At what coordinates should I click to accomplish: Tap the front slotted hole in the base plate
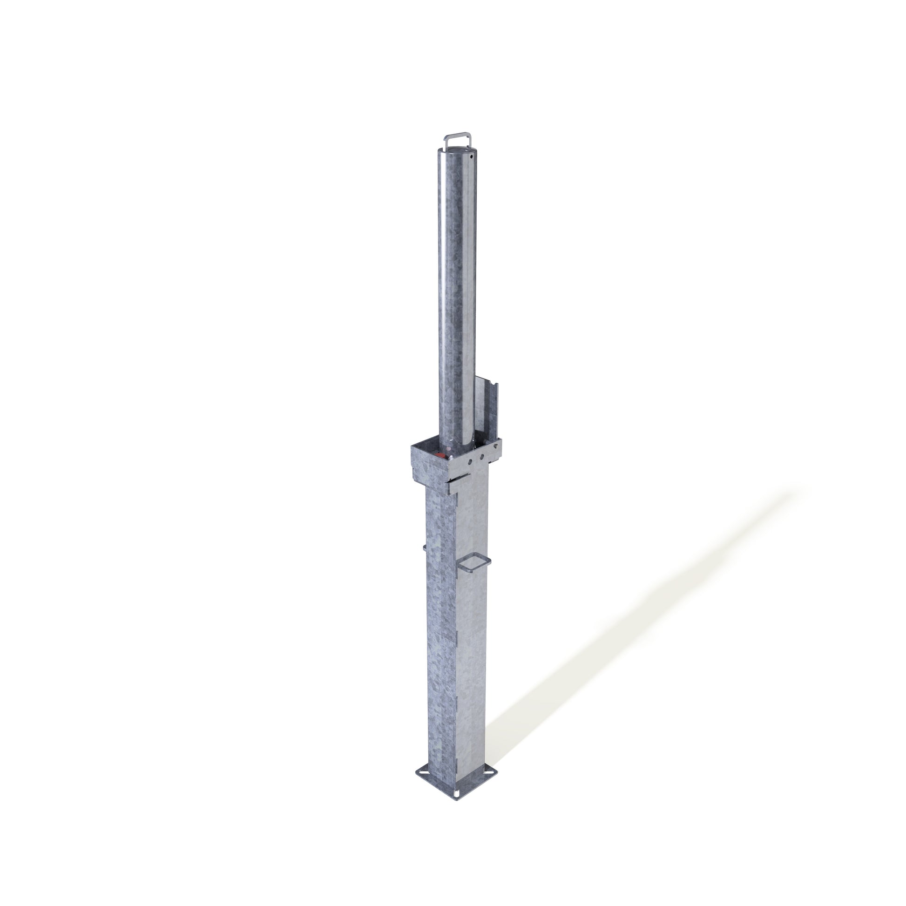click(x=457, y=794)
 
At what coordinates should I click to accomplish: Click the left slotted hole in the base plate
click(x=425, y=772)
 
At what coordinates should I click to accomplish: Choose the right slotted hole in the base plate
click(x=489, y=773)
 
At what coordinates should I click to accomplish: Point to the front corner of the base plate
click(x=457, y=800)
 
